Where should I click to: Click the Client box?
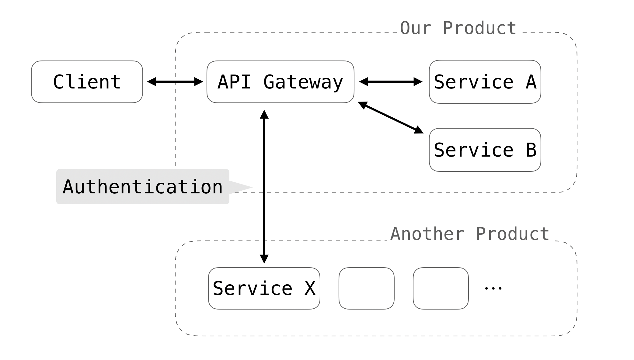coord(87,82)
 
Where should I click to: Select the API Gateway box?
coord(280,82)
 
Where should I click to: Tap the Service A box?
coord(485,82)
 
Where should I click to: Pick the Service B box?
coord(485,150)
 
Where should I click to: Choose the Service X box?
coord(264,288)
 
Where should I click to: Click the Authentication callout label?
coord(143,187)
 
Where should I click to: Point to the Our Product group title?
coord(458,28)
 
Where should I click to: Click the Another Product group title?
coord(470,234)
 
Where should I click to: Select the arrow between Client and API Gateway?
coord(175,82)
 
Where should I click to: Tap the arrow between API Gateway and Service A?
coord(391,82)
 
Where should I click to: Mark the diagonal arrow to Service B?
coord(391,118)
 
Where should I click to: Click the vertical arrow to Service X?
coord(264,187)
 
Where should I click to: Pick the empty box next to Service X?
coord(367,288)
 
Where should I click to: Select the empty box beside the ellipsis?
coord(441,288)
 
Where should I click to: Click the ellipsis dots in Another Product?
coord(493,288)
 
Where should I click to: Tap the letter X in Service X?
coord(310,288)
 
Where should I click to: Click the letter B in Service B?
coord(531,150)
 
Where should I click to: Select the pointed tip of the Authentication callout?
coord(253,187)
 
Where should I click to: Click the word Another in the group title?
coord(427,234)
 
